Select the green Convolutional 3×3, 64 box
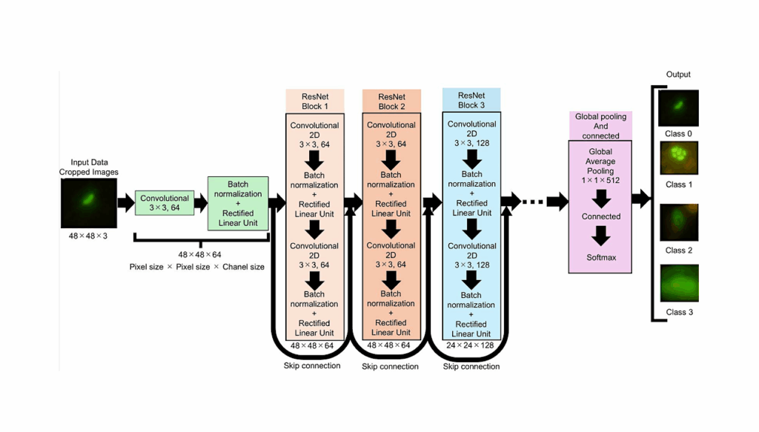(164, 203)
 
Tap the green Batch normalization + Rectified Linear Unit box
(238, 203)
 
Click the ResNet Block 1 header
(314, 102)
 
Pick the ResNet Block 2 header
(391, 102)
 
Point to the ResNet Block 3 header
(471, 100)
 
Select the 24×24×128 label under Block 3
(471, 345)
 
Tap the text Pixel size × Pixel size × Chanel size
(196, 267)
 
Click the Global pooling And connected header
(601, 126)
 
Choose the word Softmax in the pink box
(601, 258)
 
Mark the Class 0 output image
(678, 108)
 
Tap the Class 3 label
(679, 312)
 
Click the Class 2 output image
(678, 223)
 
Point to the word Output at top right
(678, 74)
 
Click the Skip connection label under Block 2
(390, 366)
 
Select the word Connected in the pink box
(601, 216)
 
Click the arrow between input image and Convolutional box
(124, 201)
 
